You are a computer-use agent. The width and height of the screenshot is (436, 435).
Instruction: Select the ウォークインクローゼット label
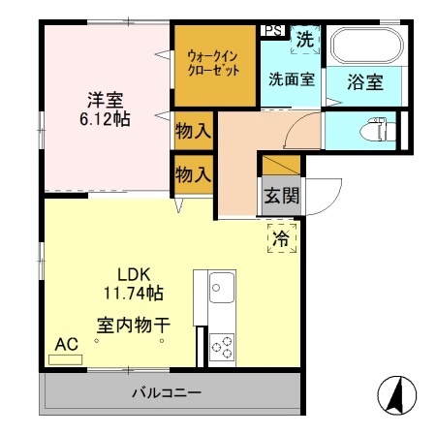tap(211, 64)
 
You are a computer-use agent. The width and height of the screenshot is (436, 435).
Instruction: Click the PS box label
tap(272, 30)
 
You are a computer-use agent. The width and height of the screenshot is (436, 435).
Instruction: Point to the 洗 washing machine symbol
tap(304, 41)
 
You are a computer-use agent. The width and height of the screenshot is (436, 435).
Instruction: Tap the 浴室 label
tap(365, 82)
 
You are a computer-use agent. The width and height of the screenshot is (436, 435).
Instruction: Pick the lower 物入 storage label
tap(193, 174)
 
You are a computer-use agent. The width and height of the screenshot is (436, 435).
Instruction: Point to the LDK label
tap(132, 273)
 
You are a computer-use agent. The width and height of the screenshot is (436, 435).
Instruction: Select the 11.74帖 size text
tap(134, 293)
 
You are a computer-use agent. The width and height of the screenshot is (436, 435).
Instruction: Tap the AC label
tap(66, 344)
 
